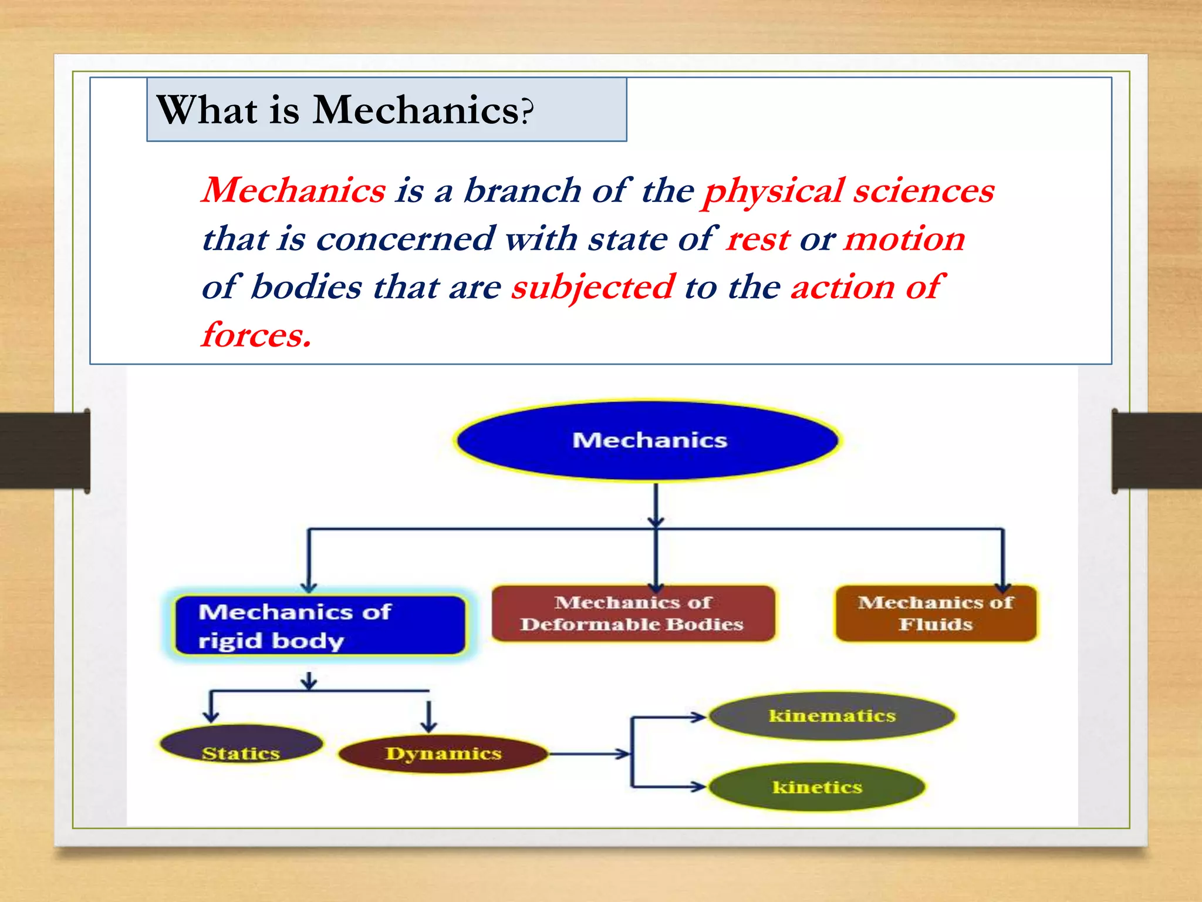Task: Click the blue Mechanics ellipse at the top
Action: click(x=648, y=440)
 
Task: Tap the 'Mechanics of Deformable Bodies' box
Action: click(x=633, y=614)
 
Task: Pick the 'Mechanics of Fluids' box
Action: click(x=936, y=614)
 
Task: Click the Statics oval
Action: click(x=241, y=745)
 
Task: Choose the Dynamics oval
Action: click(x=443, y=753)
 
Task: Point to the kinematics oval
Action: click(x=832, y=715)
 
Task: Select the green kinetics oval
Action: click(x=817, y=787)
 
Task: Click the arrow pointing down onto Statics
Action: click(x=211, y=708)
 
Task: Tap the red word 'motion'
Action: click(x=904, y=239)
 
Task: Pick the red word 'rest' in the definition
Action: click(x=758, y=239)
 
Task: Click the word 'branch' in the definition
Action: click(x=522, y=191)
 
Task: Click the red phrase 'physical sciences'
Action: click(x=849, y=191)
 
